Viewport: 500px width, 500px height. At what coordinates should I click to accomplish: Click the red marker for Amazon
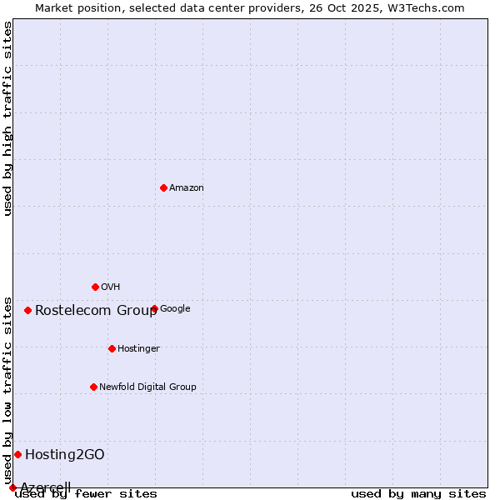163,187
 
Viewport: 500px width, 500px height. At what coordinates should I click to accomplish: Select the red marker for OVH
95,287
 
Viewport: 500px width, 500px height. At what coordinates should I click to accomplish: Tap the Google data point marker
154,308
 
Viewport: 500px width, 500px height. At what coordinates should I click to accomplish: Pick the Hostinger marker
112,348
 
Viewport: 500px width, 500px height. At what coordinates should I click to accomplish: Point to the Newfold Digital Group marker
93,387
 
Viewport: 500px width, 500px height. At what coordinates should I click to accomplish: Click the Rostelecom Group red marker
27,310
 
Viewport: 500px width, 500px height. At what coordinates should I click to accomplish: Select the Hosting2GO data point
17,454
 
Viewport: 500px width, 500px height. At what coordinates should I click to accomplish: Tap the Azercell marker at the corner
12,487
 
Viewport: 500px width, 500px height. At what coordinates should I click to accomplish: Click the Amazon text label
187,188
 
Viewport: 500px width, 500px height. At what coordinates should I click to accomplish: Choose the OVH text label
111,287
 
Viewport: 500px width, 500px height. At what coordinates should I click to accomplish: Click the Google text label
175,309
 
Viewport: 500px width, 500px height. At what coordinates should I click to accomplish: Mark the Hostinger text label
138,349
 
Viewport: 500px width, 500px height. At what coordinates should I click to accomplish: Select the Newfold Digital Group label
147,387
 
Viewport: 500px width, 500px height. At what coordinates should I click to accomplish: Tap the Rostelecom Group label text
96,311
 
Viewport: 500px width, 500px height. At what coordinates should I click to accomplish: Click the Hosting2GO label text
65,455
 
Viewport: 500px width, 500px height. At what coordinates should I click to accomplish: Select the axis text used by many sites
418,493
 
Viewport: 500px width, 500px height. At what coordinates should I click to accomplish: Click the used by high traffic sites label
8,118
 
